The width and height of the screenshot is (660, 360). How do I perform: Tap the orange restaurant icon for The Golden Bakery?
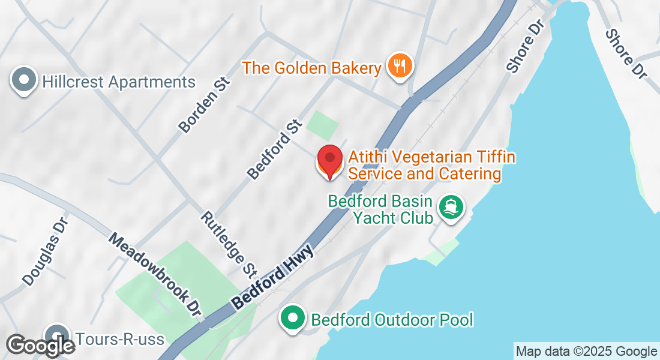[x=398, y=65]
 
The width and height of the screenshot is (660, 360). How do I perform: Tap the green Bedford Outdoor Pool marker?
[x=293, y=318]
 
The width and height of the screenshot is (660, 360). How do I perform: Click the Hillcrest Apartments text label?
[x=119, y=82]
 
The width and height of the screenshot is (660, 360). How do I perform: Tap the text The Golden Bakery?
[x=312, y=68]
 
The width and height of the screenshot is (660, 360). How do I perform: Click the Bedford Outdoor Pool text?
[x=392, y=319]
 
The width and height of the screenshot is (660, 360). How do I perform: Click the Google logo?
[x=40, y=346]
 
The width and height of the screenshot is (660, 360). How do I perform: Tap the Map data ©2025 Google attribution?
[x=586, y=352]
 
